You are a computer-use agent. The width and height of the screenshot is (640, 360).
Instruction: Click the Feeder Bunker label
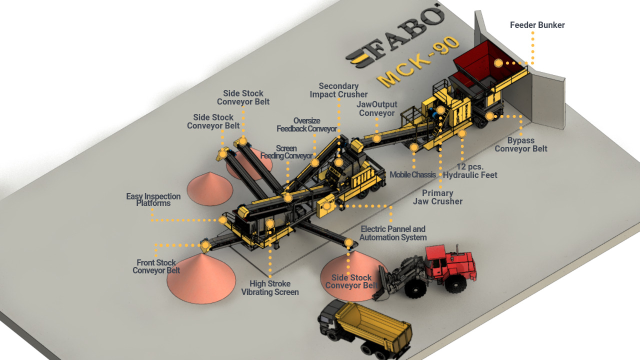point(537,25)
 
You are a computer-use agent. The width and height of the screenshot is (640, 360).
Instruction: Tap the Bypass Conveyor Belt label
point(520,144)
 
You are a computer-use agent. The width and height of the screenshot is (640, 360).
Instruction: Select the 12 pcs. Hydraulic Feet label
point(470,170)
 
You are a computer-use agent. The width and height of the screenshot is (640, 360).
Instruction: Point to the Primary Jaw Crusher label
point(437,197)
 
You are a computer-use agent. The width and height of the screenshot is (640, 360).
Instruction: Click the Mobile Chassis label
point(412,175)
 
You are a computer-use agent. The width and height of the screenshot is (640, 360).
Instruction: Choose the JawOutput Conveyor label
point(377,108)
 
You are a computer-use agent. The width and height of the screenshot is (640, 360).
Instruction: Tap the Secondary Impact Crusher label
point(338,90)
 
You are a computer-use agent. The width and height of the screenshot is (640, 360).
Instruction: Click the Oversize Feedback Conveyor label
point(306,125)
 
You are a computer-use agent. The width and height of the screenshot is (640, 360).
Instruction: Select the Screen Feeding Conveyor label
point(286,152)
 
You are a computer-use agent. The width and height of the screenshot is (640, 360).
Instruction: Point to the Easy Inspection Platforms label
point(153,199)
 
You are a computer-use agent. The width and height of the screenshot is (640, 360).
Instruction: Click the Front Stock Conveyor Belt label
point(156,266)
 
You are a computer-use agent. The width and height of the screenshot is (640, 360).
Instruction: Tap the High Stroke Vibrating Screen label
point(270,288)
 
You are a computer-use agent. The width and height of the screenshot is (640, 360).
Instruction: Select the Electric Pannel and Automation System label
point(393,233)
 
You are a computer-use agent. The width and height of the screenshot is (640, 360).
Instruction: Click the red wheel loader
point(430,270)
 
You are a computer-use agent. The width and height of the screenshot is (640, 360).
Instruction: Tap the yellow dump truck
point(367,327)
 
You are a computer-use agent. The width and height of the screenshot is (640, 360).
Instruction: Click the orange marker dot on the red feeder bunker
point(498,63)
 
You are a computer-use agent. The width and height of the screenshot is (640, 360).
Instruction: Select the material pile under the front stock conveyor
point(201,280)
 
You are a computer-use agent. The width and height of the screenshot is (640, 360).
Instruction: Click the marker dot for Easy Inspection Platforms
point(222,220)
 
